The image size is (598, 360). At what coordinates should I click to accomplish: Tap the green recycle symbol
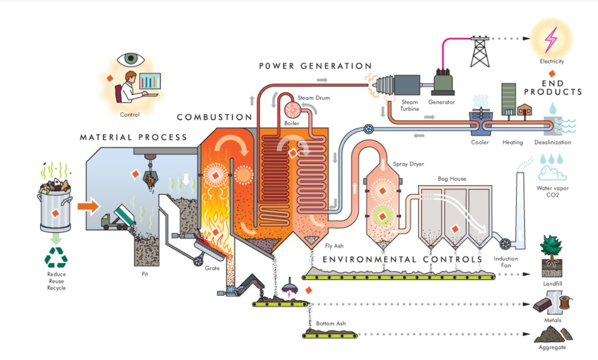[55, 257]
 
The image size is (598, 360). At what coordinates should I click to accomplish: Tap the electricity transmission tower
[479, 51]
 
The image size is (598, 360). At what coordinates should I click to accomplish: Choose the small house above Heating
[525, 110]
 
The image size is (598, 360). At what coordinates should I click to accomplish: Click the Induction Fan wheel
[506, 244]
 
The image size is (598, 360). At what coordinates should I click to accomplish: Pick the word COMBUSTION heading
[215, 117]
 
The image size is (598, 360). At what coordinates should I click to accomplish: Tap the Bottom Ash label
[331, 323]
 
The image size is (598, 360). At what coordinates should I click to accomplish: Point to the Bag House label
[450, 179]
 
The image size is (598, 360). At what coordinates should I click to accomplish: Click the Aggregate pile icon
[552, 333]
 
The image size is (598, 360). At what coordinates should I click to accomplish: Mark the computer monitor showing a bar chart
[150, 81]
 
